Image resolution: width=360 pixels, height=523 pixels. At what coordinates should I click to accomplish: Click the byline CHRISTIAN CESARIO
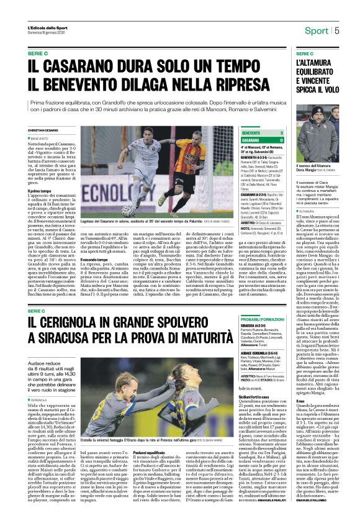pyautogui.click(x=45, y=130)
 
